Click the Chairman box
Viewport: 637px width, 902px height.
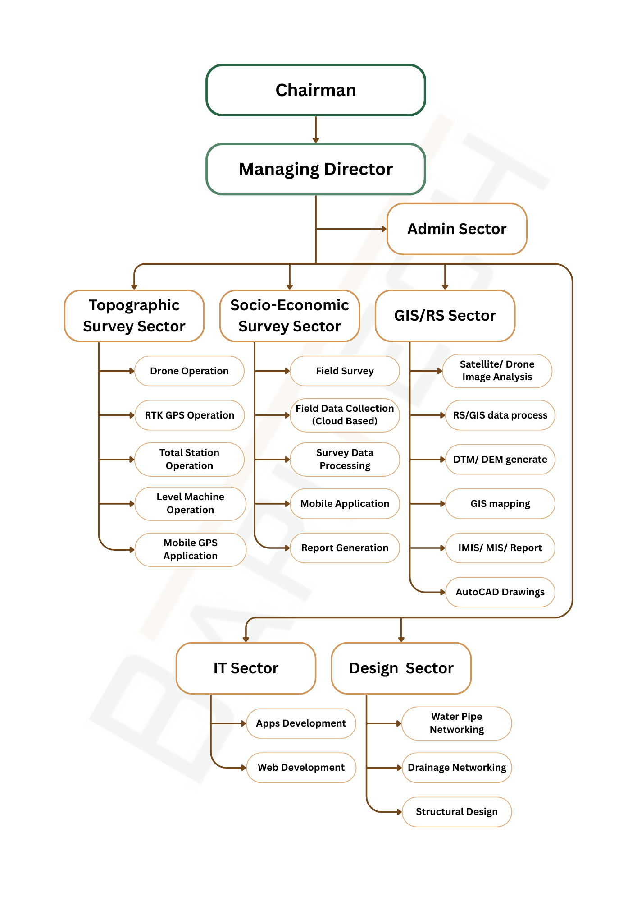tap(315, 90)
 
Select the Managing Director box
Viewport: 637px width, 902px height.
tap(315, 169)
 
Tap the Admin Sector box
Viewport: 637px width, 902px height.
tap(457, 229)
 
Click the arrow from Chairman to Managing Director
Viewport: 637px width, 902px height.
tap(316, 129)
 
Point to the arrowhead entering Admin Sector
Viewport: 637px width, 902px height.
tap(384, 229)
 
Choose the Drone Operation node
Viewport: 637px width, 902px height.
tap(189, 371)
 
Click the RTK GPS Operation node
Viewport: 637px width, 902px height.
tap(189, 415)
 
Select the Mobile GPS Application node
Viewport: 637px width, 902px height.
tap(190, 549)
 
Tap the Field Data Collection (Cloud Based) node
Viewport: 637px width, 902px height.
tap(345, 415)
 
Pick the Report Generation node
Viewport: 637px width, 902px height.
tap(345, 548)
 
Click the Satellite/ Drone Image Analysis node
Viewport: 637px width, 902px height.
tap(497, 371)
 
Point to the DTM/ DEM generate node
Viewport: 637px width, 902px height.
tap(500, 460)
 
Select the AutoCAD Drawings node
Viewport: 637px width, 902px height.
tap(500, 592)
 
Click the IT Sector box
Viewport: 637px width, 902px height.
tap(246, 668)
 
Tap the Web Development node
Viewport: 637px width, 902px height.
tap(301, 768)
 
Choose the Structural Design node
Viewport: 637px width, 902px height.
tap(456, 812)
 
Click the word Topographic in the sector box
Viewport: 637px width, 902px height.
tap(134, 305)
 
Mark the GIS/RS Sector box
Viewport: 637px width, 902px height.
tap(445, 316)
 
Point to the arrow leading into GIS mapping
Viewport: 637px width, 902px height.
tap(428, 504)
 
